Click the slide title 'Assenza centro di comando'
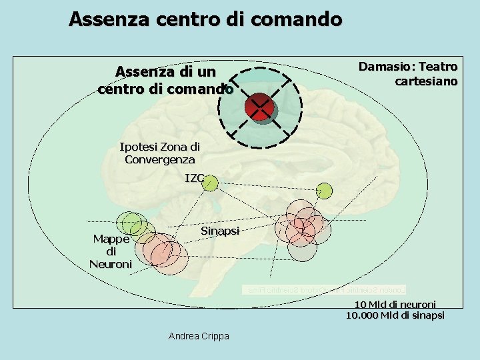[x=205, y=19]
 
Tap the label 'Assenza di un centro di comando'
[x=165, y=79]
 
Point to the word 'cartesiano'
[x=426, y=81]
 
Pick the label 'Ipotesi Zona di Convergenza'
[x=159, y=153]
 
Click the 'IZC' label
[x=195, y=178]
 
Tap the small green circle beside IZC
[x=211, y=183]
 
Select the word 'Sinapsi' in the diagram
[x=219, y=231]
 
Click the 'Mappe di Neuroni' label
[x=111, y=251]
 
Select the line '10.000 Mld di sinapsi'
[x=395, y=315]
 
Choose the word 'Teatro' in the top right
[x=438, y=67]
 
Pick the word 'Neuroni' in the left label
[x=111, y=263]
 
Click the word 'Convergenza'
[x=159, y=160]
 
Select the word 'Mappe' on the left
[x=111, y=238]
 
